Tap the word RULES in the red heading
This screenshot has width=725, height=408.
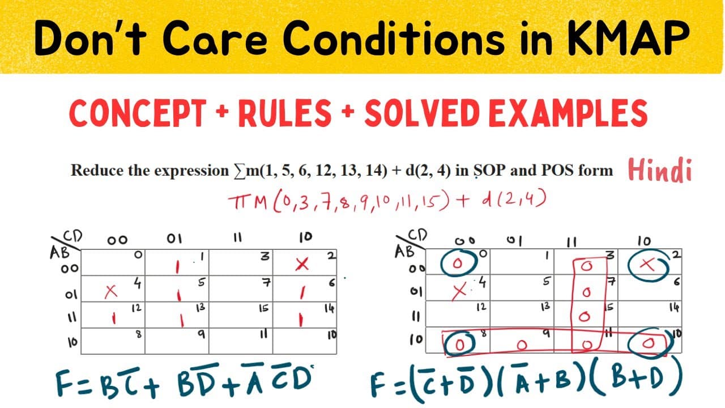285,113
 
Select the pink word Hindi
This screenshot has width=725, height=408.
660,169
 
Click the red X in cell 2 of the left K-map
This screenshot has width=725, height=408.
302,264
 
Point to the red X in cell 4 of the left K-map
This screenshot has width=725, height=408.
110,291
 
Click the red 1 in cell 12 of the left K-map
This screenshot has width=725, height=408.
114,318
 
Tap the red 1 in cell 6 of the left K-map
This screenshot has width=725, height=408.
302,293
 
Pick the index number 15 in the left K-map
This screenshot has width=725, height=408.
263,308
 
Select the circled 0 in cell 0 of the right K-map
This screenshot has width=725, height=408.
458,263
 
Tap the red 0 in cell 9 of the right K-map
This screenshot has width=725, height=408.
522,345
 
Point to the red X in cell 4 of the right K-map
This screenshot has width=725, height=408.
459,291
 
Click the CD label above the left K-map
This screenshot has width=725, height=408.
73,236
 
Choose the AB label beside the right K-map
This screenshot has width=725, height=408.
404,251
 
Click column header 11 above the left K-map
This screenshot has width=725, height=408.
237,238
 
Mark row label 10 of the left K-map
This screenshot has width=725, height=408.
72,342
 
